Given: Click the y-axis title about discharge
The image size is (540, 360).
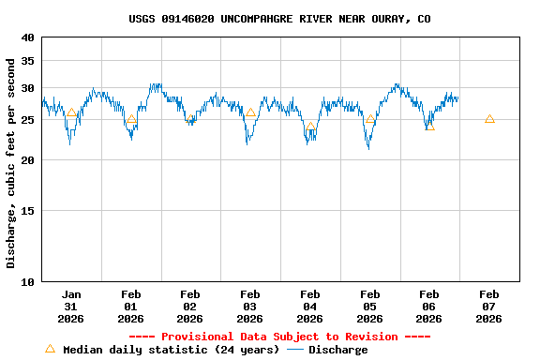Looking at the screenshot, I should (x=11, y=163).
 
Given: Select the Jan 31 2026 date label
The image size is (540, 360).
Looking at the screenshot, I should (x=70, y=307).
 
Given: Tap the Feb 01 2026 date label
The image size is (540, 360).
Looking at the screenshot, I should (x=130, y=307).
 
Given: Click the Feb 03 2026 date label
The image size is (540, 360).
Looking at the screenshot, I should (x=250, y=307).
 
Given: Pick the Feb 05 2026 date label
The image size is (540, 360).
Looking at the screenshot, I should (x=369, y=307).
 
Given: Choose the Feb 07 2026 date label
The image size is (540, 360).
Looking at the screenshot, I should (x=489, y=307).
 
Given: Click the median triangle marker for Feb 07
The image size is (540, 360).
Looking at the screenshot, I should (x=489, y=119).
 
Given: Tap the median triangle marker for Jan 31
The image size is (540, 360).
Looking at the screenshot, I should (x=71, y=113).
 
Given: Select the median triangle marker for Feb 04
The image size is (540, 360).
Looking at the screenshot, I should (x=310, y=127).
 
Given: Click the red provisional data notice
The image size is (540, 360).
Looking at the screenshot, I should (x=279, y=337).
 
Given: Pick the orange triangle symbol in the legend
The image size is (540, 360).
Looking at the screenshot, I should (x=51, y=349).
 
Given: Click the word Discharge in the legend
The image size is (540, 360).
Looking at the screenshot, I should (x=337, y=350).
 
